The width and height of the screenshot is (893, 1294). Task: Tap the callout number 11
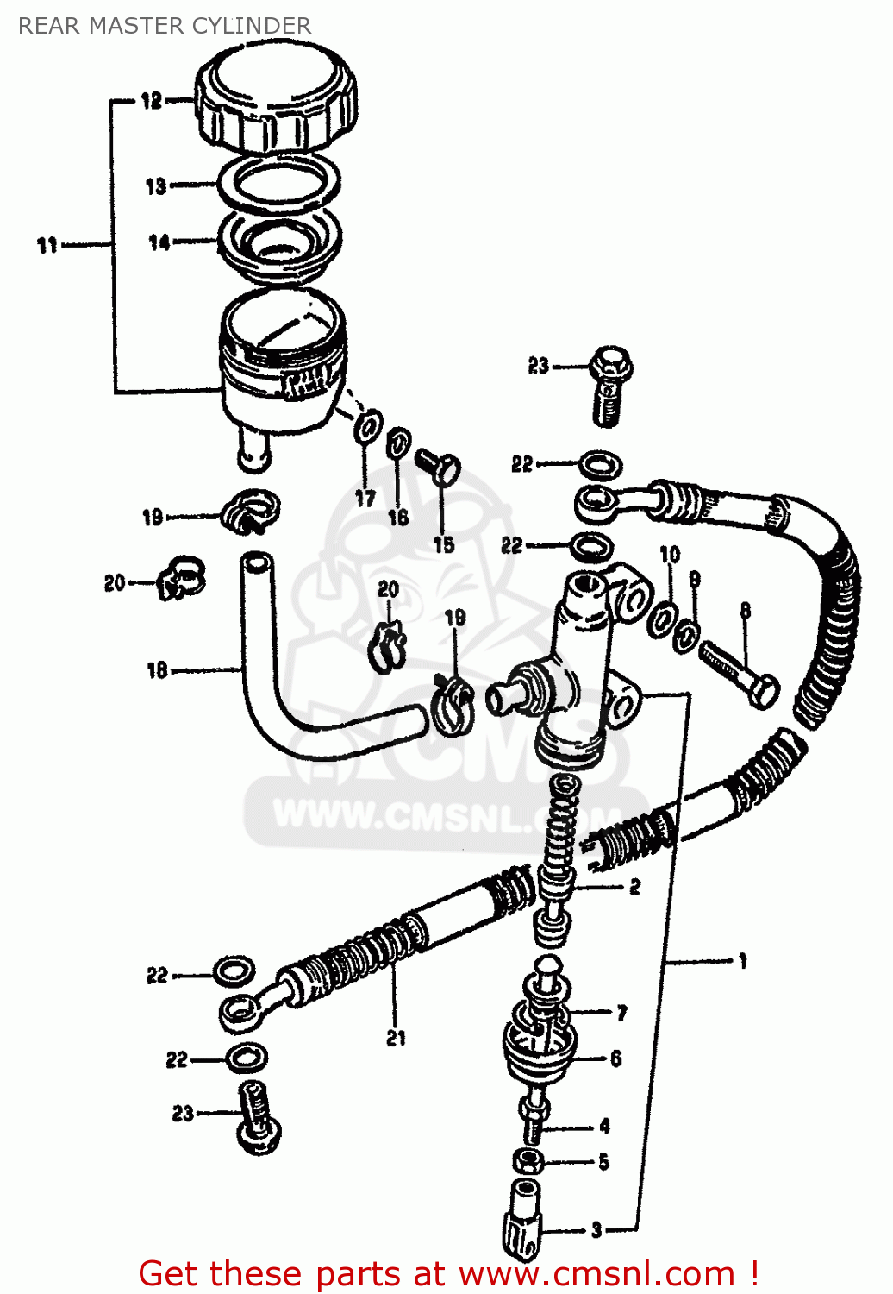click(47, 246)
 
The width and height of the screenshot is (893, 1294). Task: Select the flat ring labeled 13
click(278, 183)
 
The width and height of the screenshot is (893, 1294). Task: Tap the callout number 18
click(157, 670)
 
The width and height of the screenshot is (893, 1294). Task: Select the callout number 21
click(396, 1039)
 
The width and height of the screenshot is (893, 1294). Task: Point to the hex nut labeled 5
click(528, 1160)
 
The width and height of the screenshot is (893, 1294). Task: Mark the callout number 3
click(596, 1230)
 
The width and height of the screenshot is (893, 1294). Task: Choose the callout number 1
click(742, 961)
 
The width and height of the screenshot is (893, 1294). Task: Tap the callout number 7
click(621, 1013)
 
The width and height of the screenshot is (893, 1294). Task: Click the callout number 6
click(615, 1058)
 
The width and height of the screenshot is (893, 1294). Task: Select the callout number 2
click(634, 887)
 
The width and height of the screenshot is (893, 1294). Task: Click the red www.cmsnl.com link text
click(595, 1274)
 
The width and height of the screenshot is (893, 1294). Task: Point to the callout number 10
click(670, 555)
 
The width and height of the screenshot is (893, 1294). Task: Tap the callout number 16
click(397, 517)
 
